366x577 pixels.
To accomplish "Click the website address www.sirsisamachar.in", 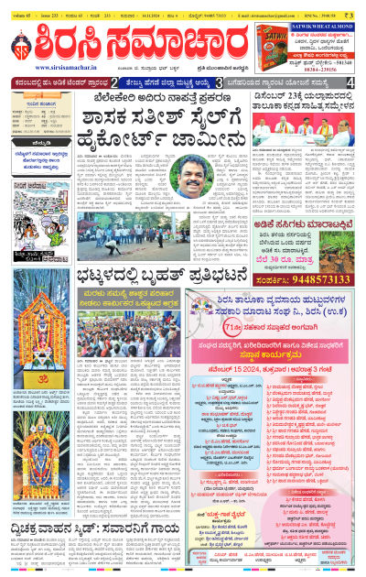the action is [63, 67].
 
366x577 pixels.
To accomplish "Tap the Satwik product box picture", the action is [294, 36].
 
